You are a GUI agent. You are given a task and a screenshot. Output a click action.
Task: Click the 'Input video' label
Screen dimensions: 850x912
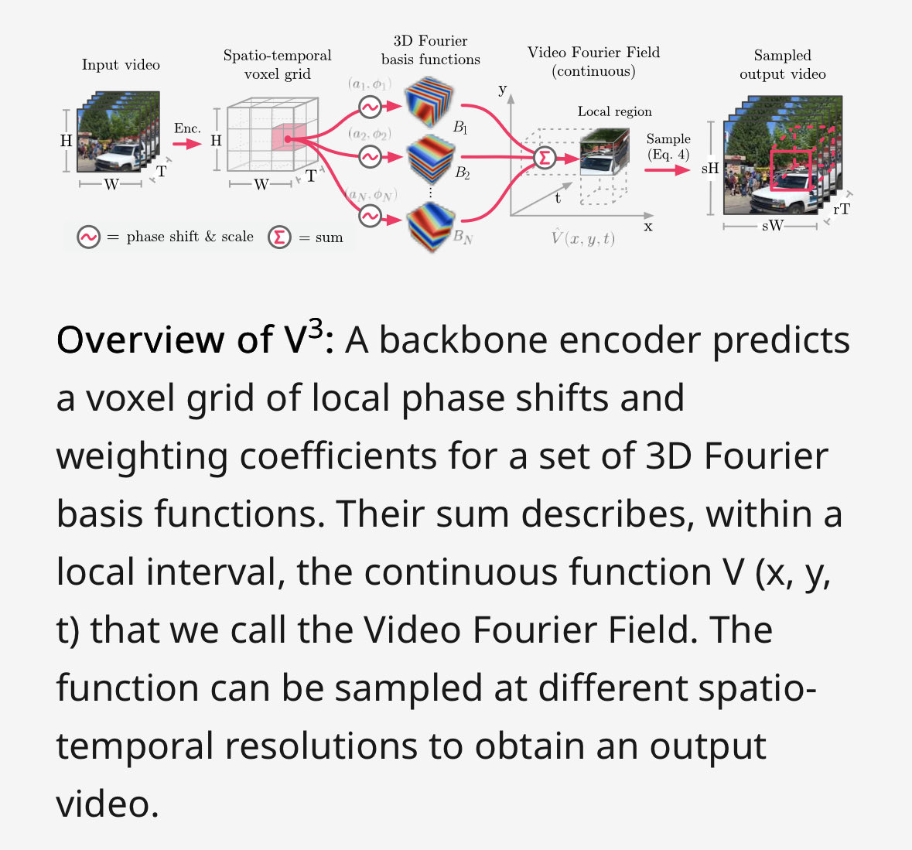121,65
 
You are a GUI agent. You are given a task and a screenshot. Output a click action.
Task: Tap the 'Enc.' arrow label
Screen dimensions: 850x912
186,128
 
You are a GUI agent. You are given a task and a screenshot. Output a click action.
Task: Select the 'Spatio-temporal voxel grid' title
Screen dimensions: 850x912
277,65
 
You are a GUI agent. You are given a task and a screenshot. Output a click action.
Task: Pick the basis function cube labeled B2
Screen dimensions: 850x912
431,160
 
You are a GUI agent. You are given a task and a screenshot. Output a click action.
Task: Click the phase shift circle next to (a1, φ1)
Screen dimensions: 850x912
370,107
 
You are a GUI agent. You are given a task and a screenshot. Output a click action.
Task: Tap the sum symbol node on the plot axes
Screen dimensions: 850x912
544,159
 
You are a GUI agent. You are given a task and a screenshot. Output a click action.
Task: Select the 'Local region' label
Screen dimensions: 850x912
614,111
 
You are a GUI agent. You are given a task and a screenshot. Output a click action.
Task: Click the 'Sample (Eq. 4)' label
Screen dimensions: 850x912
668,146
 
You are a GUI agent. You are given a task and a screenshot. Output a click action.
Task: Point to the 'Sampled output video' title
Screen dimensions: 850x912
782,65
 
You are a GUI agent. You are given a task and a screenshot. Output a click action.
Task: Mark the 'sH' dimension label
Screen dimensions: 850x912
709,169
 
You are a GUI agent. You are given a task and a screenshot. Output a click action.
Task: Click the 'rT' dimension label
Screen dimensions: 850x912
842,209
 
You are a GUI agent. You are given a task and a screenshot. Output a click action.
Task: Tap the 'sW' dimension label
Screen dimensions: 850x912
772,226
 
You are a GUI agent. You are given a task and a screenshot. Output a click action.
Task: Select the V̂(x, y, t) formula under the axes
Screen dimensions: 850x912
582,238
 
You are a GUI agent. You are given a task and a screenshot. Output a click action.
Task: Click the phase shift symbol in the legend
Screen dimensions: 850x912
88,237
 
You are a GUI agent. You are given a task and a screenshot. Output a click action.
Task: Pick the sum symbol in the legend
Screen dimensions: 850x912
279,237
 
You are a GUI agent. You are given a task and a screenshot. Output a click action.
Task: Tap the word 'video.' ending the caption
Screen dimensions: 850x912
107,804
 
